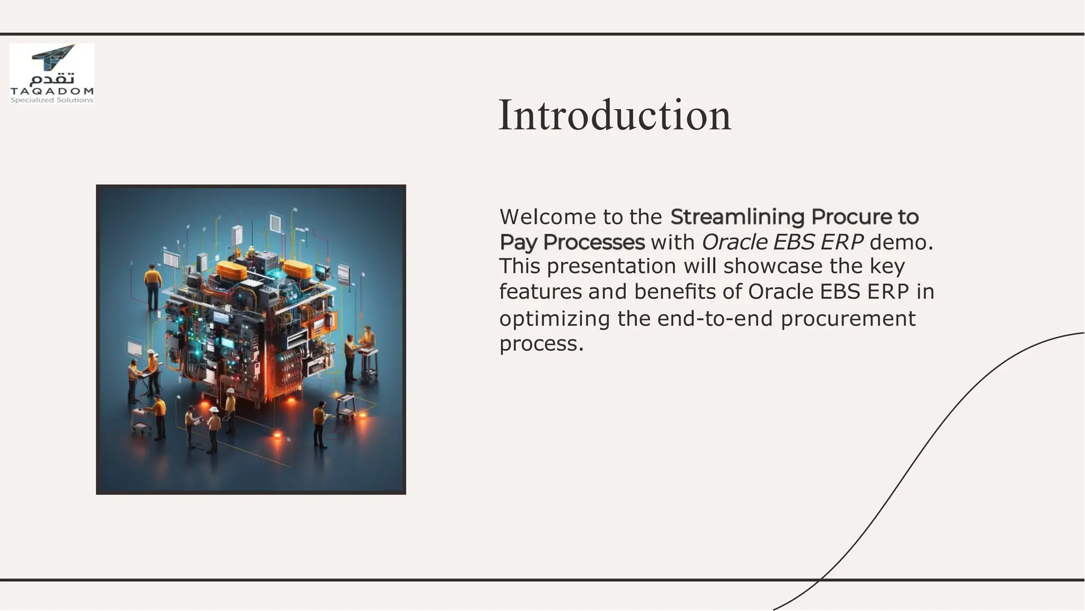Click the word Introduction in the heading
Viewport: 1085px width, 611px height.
615,116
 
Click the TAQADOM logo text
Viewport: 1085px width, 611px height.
52,91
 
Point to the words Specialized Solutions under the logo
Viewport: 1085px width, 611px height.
52,100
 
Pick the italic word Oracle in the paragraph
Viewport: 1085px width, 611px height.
734,242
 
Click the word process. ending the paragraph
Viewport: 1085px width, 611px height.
540,343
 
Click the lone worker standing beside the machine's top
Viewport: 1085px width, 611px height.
153,286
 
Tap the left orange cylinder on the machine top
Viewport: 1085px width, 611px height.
232,270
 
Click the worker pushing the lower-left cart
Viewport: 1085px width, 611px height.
158,417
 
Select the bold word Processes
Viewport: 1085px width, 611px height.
593,242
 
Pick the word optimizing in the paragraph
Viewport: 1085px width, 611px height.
554,318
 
